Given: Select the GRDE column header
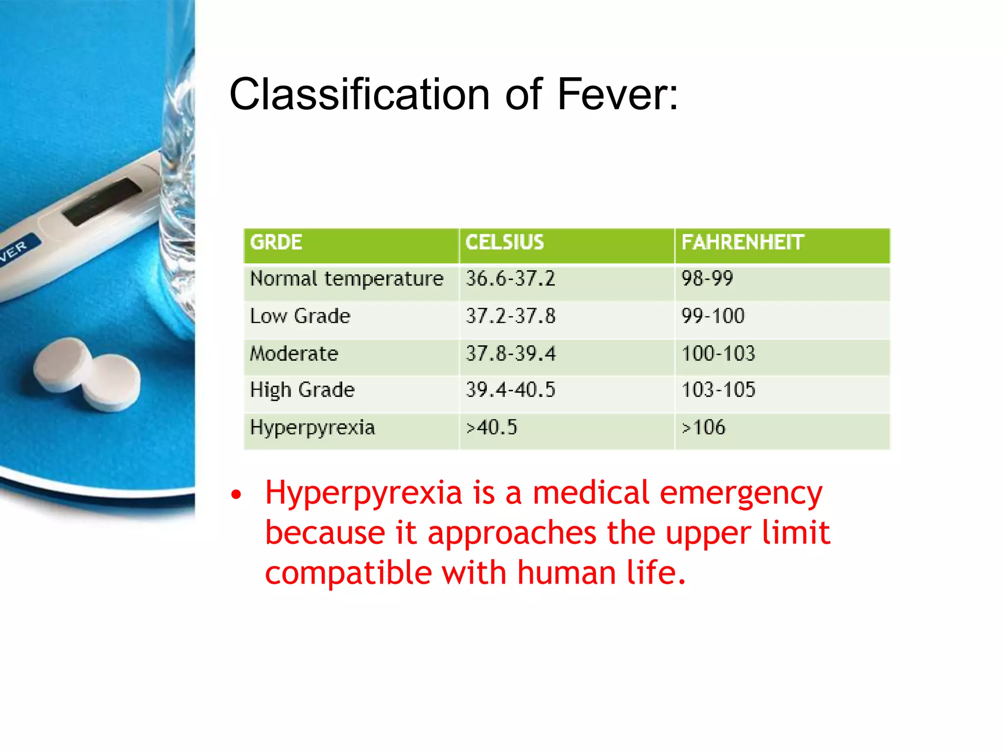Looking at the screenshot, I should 276,242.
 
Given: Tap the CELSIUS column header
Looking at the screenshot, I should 504,242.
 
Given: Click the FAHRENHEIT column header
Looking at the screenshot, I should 742,242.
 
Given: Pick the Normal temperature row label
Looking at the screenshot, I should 347,279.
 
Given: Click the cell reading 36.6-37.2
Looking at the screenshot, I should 510,279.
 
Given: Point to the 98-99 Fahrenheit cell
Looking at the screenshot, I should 707,279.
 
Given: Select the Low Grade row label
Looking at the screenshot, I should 300,316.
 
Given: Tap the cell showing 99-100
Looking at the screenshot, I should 713,316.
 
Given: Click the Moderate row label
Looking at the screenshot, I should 294,353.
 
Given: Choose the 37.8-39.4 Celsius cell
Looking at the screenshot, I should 511,353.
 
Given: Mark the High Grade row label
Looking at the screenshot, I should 302,390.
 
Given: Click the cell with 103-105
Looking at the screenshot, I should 718,390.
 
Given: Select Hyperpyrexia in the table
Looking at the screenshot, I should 312,427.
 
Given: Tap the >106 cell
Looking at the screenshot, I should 704,427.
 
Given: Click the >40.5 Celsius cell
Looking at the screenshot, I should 491,427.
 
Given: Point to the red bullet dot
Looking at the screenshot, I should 237,495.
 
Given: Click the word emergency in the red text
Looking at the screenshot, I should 740,493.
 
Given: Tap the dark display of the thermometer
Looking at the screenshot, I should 102,202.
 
